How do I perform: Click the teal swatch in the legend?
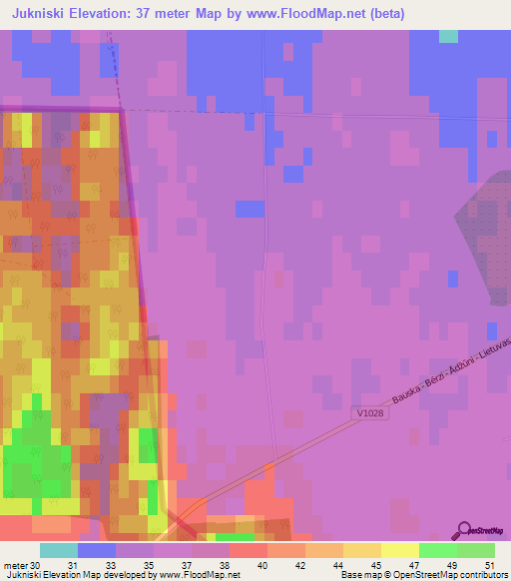coord(59,550)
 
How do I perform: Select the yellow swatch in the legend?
coord(399,550)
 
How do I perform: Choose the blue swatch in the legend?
coord(97,550)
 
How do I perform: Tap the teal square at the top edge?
coord(449,36)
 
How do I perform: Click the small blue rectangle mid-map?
coord(251,209)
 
